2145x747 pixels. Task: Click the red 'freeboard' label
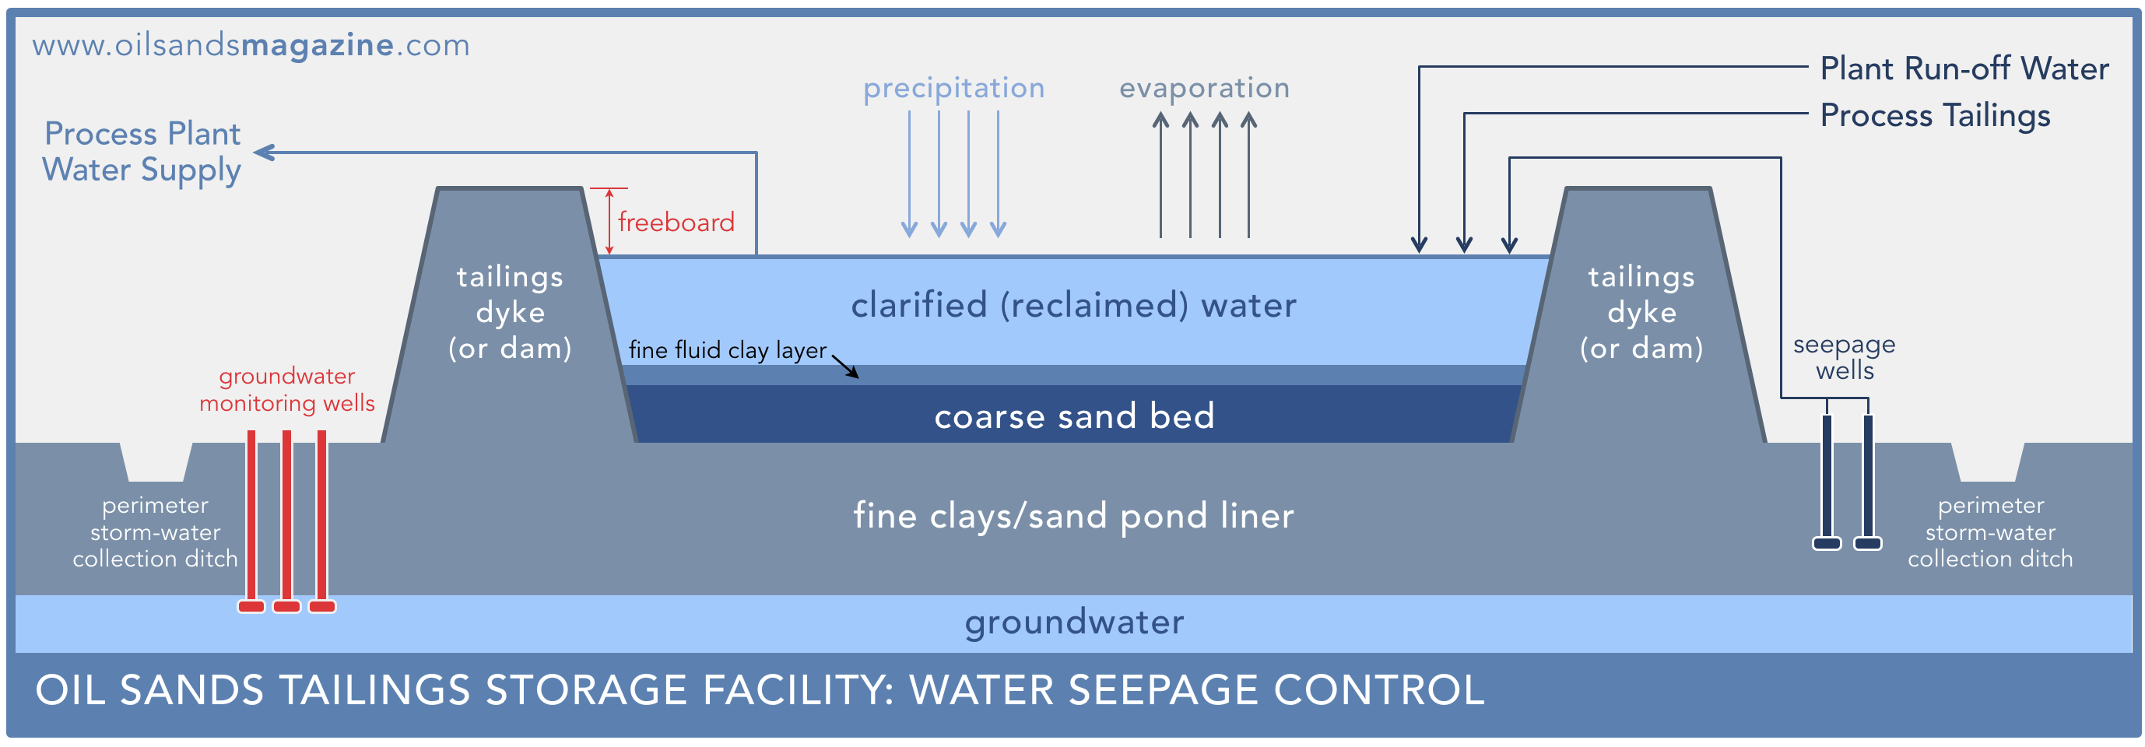tap(676, 223)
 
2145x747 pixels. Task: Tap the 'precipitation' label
tap(953, 88)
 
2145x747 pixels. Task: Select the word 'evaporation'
tap(1204, 88)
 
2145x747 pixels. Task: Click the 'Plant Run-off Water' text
tap(1964, 68)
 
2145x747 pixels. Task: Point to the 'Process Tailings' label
tap(1935, 116)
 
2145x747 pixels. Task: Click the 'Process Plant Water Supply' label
tap(142, 152)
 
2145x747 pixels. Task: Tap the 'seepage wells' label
tap(1845, 357)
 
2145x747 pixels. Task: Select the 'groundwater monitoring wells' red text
tap(286, 390)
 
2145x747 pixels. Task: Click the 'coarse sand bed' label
tap(1074, 416)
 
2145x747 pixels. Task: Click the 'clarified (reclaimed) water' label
tap(1073, 306)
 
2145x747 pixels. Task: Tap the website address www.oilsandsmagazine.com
tap(251, 46)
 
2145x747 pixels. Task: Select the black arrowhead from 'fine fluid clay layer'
tap(853, 372)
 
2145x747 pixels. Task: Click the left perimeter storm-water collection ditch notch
tap(156, 462)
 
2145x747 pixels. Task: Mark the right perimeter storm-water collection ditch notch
tap(1988, 462)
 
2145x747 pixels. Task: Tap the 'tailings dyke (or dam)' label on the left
tap(510, 312)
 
